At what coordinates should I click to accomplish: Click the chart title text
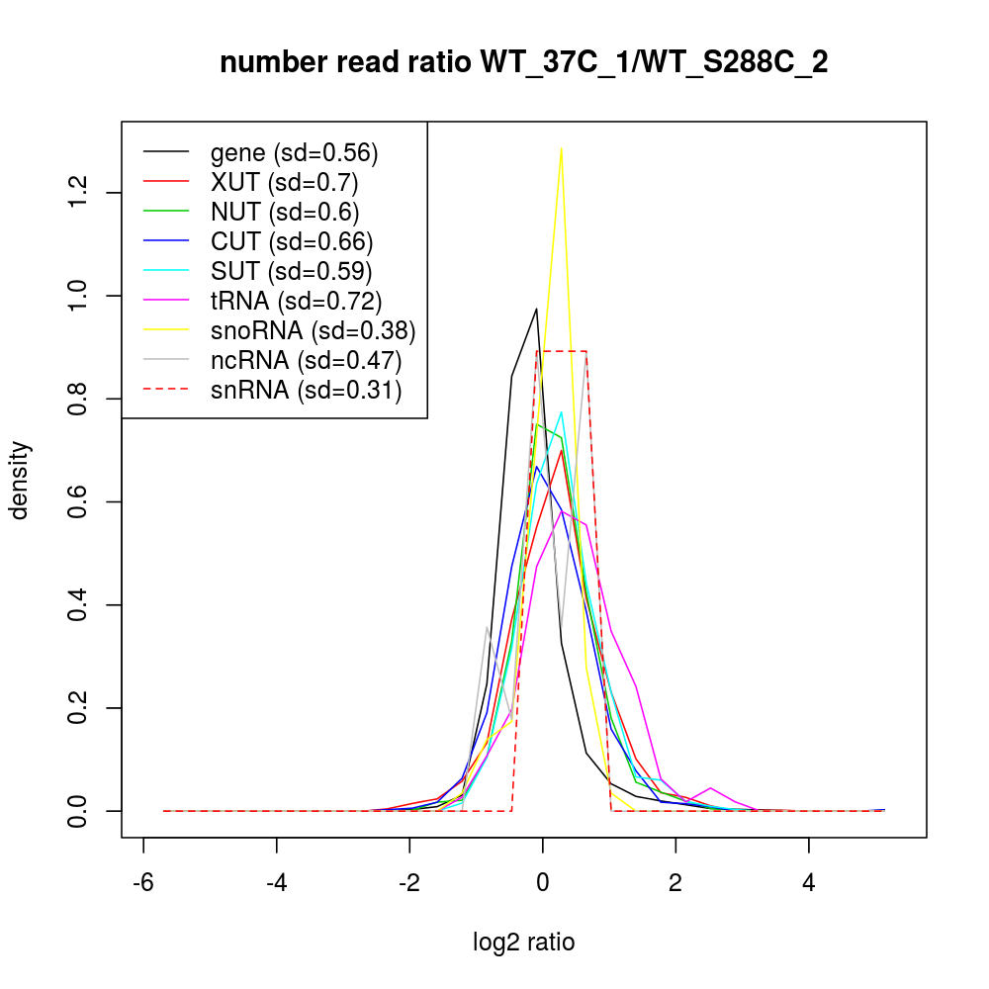523,62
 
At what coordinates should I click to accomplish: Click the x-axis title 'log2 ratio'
523,942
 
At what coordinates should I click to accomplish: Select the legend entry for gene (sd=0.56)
294,153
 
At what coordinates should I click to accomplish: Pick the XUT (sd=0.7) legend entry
284,183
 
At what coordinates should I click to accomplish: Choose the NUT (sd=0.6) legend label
285,213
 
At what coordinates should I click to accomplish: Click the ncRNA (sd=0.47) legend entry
306,361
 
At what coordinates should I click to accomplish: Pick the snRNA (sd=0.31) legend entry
306,391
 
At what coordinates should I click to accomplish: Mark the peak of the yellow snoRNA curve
562,148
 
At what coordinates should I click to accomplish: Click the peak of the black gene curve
536,309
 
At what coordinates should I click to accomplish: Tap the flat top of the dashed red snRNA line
562,351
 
